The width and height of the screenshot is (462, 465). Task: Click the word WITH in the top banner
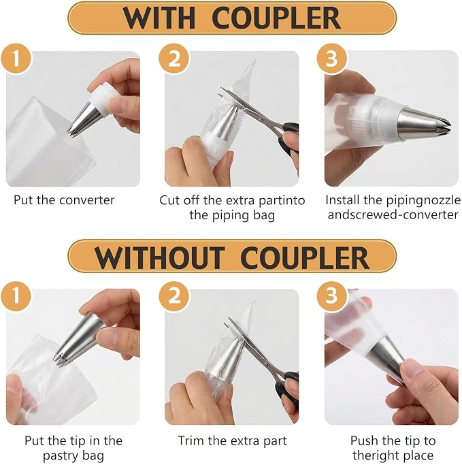pos(159,18)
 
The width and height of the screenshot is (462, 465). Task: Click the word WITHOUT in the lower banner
pos(159,257)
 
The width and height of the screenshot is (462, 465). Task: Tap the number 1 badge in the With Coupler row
pos(16,59)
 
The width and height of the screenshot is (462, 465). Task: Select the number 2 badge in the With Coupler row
pos(174,59)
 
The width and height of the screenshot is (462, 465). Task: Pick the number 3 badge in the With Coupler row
pos(332,59)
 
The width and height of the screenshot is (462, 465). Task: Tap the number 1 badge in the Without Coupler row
pos(16,296)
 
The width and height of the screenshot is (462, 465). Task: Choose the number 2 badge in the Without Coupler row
pos(174,296)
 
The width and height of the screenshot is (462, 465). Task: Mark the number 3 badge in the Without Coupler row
pos(332,296)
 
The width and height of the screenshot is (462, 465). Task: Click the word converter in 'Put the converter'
pos(87,200)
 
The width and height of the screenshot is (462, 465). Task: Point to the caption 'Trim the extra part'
pos(232,440)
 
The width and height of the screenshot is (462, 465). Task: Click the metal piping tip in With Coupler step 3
pos(423,123)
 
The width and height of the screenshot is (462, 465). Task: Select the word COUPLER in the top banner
pos(276,18)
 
